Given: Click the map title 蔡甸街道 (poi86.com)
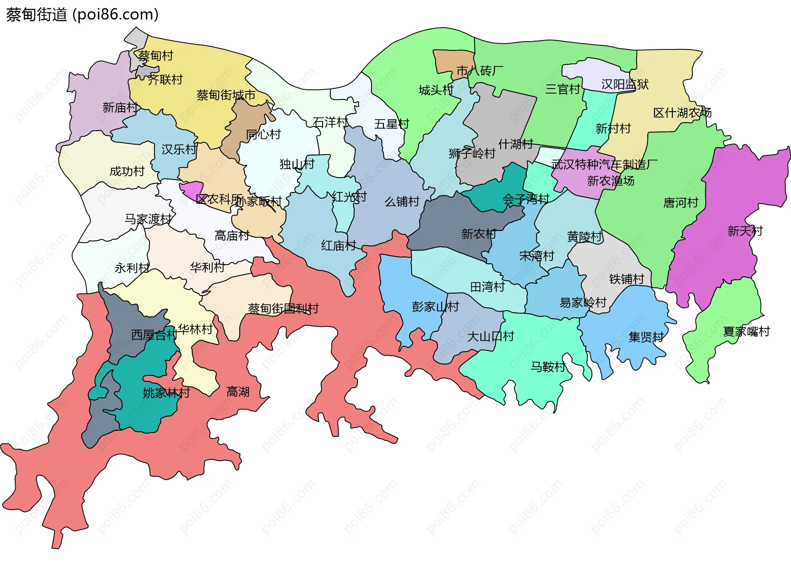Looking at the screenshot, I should point(82,15).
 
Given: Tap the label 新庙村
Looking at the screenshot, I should point(120,108).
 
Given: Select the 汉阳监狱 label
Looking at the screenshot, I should point(625,84).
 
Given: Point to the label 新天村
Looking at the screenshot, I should point(745,231).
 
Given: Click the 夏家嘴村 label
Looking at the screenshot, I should point(746,331).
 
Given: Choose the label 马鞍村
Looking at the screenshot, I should point(548,366).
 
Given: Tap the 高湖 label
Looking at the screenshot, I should point(238,391).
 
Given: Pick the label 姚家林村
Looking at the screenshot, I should point(166,393).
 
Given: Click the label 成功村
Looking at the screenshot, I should point(127,171).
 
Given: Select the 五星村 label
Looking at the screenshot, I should point(391,124).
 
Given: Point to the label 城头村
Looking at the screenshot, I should point(436,90).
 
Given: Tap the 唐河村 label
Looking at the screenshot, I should point(681,202).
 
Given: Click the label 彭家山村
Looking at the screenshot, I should point(435,306).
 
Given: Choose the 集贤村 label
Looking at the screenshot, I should point(646,337).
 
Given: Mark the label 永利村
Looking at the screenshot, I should point(132,268).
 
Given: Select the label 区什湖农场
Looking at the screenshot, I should point(682,112).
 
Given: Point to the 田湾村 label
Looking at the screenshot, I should point(487,287).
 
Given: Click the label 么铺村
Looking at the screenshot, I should point(402,201).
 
